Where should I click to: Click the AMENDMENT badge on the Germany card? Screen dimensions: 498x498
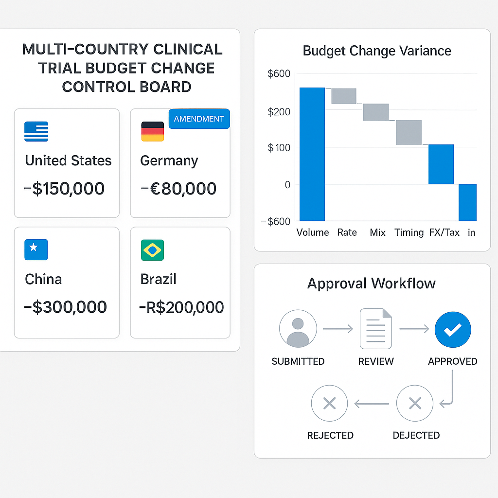coord(199,119)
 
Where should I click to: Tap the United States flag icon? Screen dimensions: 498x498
coord(36,131)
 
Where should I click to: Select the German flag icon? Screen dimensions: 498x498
coord(152,131)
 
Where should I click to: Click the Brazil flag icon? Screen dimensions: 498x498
coord(152,250)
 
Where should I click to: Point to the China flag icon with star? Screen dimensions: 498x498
coord(36,249)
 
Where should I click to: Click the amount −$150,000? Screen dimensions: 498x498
coord(64,189)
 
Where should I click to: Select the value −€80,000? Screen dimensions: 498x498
coord(178,189)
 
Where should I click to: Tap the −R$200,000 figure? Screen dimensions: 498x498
coord(181,307)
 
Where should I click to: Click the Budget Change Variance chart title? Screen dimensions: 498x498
coord(377,51)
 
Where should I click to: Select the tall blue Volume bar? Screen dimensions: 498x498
coord(312,154)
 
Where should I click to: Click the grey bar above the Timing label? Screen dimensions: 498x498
coord(409,132)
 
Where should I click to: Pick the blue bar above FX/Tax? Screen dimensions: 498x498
coord(441,164)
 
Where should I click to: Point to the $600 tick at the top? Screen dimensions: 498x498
coord(279,74)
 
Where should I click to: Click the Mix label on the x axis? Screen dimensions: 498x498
coord(377,232)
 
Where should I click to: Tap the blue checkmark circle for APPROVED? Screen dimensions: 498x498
coord(452,330)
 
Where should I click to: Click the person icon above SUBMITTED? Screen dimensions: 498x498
coord(298,329)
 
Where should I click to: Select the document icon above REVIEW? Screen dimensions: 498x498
coord(375,329)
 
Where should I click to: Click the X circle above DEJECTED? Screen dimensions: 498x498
coord(414,403)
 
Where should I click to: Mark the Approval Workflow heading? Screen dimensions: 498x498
coord(372,284)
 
